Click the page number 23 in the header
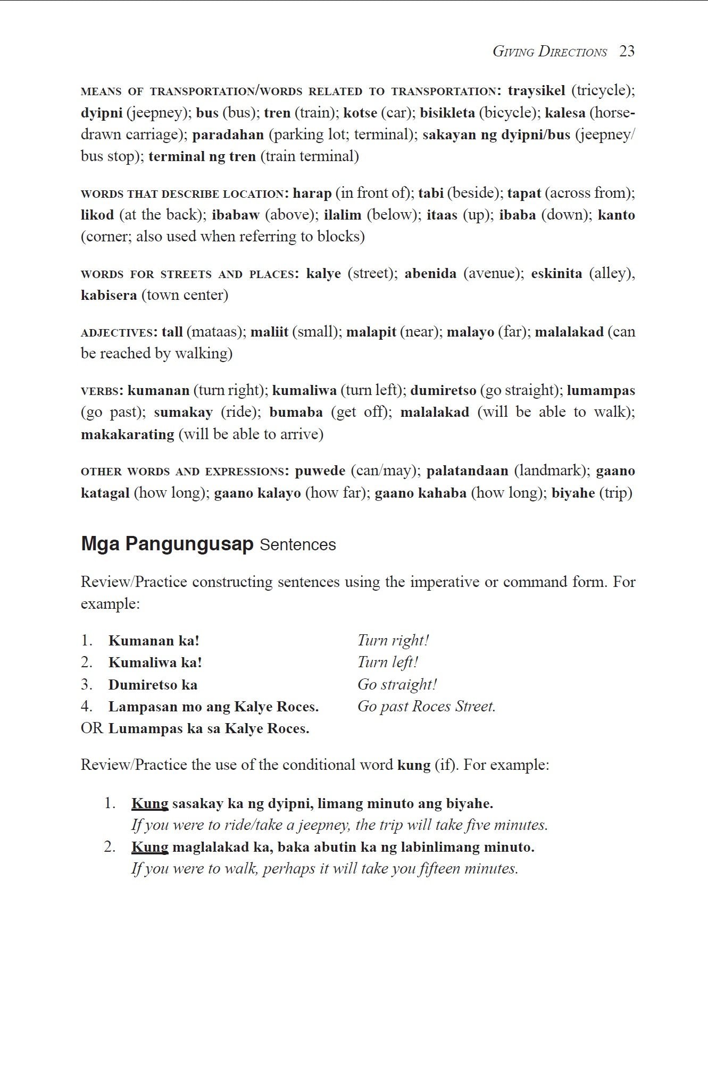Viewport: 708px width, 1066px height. point(627,52)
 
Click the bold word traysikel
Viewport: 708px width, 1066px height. point(536,90)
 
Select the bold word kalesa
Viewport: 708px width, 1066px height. point(565,113)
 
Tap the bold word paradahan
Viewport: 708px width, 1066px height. point(228,135)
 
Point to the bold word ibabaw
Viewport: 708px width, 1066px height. point(236,215)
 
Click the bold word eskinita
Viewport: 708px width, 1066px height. point(556,273)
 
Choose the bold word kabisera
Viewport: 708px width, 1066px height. point(109,295)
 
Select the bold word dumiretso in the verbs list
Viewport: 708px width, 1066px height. point(443,391)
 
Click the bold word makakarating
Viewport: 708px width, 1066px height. point(128,434)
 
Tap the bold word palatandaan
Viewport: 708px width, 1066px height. point(467,471)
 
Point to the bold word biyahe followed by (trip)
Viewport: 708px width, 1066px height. point(573,493)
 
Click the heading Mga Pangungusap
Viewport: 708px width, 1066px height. point(167,544)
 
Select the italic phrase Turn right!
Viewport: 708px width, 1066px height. point(393,640)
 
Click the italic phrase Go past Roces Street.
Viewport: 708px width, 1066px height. point(426,707)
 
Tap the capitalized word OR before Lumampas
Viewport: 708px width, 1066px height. point(92,728)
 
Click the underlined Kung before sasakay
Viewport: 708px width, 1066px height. point(149,803)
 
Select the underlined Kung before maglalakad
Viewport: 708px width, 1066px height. point(149,847)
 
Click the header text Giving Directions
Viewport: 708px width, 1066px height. point(549,52)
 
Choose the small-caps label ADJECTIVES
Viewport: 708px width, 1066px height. point(116,333)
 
